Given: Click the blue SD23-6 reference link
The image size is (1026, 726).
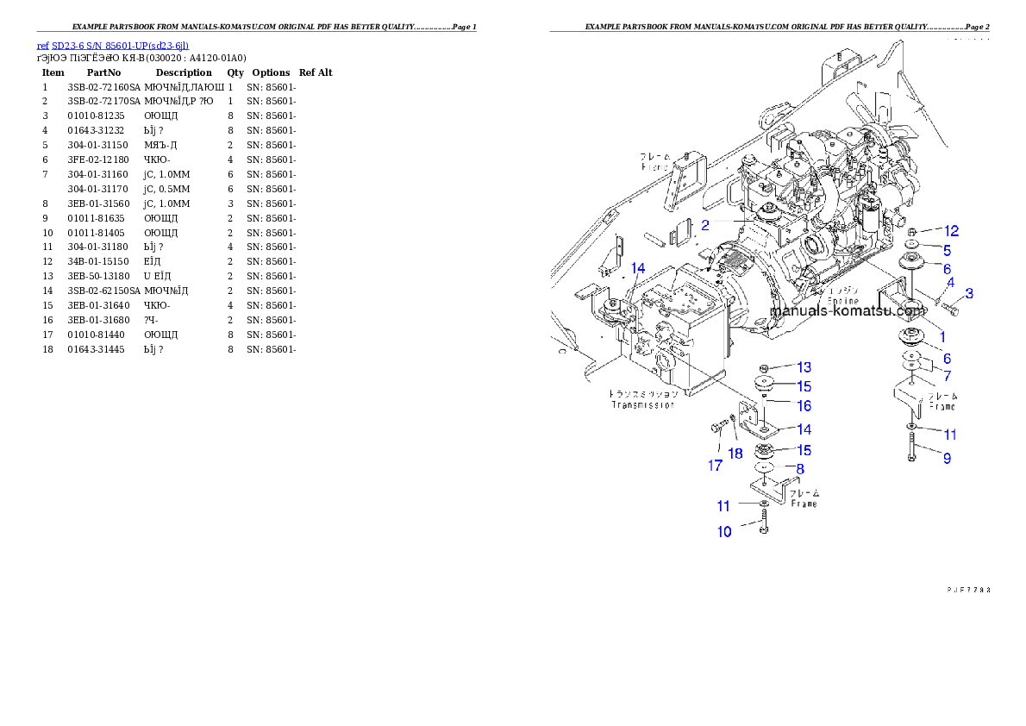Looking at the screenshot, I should pos(112,46).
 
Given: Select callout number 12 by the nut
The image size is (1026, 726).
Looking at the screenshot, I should pos(951,231).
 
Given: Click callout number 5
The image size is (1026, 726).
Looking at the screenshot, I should pos(946,251).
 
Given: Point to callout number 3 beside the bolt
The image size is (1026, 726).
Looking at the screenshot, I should pos(968,294).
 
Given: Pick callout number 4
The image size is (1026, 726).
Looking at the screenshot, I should pos(950,282).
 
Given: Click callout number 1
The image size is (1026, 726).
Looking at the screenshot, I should pos(942,337).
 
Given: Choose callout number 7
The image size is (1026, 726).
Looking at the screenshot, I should pos(947,376).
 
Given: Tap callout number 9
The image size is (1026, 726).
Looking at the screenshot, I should pos(947,459).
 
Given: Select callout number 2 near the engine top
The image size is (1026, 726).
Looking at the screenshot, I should pos(705,226).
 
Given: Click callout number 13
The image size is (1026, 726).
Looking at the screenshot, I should pos(804,368).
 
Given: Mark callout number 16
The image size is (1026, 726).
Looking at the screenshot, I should pos(804,405).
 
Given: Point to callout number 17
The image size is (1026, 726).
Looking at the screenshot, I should pos(716,466).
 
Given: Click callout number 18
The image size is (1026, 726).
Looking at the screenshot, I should pos(735,454).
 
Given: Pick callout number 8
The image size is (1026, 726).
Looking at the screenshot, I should pos(800,469).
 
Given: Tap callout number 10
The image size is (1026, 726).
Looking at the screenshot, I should pos(724,532).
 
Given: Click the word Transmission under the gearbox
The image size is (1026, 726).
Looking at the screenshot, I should pos(642,404).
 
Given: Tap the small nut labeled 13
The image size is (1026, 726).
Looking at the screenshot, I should pos(765,369).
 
